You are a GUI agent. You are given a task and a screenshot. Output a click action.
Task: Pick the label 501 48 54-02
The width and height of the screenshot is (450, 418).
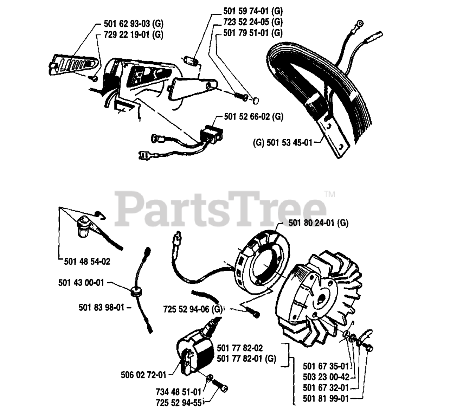coord(87,262)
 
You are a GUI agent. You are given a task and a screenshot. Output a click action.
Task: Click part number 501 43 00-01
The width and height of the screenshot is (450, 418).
coord(81,282)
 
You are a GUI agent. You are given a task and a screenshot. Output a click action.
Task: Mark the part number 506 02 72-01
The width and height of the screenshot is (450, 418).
coord(142,375)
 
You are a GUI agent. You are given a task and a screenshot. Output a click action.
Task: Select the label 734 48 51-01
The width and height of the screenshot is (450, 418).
coord(178,391)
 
